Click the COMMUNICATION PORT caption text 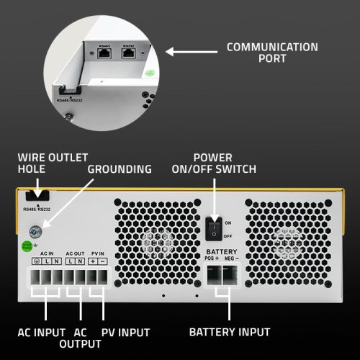point(272,53)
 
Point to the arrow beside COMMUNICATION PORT point(191,52)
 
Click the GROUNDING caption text point(120,169)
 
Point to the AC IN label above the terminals point(47,254)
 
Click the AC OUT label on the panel point(75,254)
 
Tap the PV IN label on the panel point(97,254)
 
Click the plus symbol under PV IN point(93,263)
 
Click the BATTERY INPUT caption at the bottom point(230,332)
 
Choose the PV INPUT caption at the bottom point(124,332)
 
